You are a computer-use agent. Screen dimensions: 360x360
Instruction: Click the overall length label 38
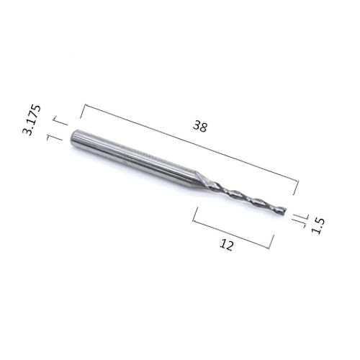pyautogui.click(x=199, y=126)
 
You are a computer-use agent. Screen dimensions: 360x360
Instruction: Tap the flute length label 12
pyautogui.click(x=226, y=245)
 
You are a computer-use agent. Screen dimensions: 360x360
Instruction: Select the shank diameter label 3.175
pyautogui.click(x=32, y=120)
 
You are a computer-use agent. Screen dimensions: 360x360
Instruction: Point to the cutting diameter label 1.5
pyautogui.click(x=318, y=225)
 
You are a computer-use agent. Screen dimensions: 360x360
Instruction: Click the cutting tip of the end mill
pyautogui.click(x=285, y=211)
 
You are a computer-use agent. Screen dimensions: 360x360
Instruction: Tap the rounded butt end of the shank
pyautogui.click(x=73, y=138)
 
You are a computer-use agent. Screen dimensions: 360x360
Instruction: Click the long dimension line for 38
pyautogui.click(x=192, y=143)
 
